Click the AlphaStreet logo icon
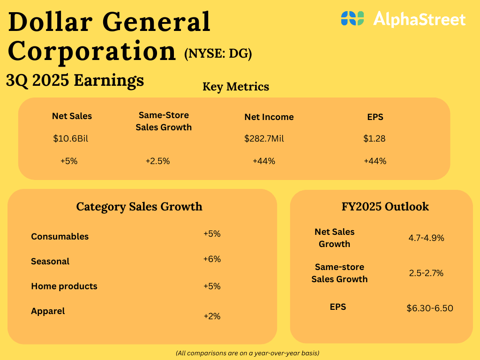coord(352,18)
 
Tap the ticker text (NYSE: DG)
coord(218,54)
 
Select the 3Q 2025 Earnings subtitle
coord(75,80)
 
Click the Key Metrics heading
coord(236,87)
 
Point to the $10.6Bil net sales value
coord(71,139)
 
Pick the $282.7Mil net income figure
coord(264,139)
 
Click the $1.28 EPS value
coord(375,139)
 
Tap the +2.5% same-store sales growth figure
coord(157,161)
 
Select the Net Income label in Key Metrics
coord(269,117)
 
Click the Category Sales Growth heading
coord(139,206)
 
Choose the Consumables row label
coord(60,237)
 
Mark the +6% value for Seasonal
coord(212,259)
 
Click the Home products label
coord(64,286)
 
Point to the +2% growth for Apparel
coord(212,316)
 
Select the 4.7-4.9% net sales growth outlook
coord(426,238)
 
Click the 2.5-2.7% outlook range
coord(426,273)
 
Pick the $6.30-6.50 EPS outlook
coord(430,308)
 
